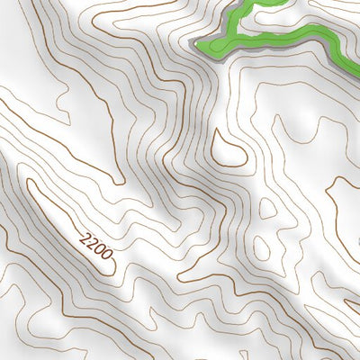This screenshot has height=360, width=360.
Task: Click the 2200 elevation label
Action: [x=96, y=246]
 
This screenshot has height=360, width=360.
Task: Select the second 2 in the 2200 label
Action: [x=93, y=243]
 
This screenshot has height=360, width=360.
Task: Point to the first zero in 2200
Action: [x=99, y=249]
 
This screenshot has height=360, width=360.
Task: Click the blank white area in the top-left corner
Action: [x=13, y=13]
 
